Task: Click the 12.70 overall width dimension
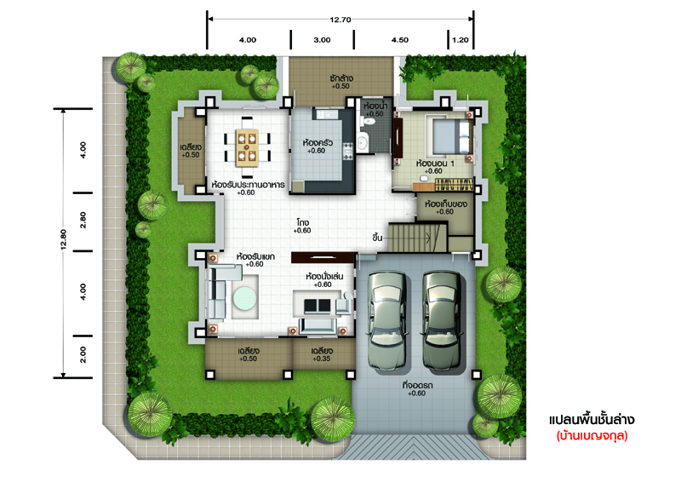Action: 340,20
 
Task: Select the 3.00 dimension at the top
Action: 322,40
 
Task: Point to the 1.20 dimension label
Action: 461,40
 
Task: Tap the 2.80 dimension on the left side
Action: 83,220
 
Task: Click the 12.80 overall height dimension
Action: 63,239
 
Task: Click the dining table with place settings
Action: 247,147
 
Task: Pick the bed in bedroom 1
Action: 451,136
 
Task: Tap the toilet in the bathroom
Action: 369,121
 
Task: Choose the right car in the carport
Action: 442,321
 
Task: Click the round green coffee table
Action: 244,298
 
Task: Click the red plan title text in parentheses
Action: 592,435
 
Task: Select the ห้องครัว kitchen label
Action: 318,142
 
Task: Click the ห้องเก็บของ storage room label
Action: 445,204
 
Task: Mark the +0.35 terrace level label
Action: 322,359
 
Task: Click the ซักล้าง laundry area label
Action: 341,78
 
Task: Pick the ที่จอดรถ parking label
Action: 417,385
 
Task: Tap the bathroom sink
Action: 363,142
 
